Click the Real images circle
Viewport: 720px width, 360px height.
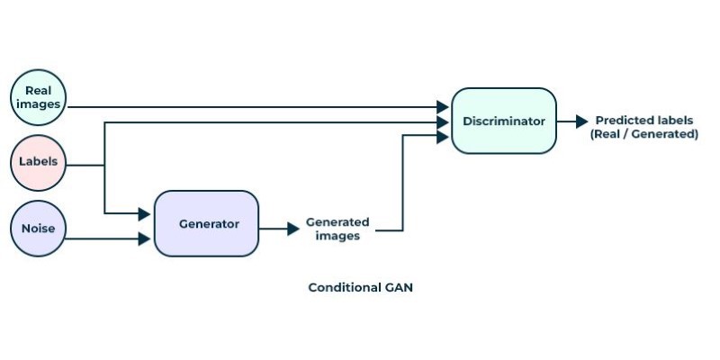point(38,97)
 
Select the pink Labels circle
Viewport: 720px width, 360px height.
point(38,163)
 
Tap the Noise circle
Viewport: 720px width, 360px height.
point(38,229)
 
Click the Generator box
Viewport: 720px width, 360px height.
point(207,223)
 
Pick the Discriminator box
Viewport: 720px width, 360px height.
point(504,121)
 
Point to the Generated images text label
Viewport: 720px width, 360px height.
point(337,229)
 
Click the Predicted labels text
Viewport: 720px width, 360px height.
point(644,121)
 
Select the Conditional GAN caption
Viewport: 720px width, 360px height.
point(361,287)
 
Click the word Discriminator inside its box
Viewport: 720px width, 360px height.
point(504,121)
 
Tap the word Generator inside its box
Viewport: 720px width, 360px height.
point(209,224)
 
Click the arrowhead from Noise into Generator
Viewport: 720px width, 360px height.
point(144,238)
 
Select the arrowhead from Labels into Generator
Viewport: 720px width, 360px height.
point(144,213)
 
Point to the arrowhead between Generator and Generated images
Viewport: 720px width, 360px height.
point(293,229)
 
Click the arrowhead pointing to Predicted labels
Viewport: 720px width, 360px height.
point(582,121)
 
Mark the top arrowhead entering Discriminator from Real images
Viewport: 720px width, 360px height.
point(443,107)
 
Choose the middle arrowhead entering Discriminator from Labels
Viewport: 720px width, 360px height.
point(443,122)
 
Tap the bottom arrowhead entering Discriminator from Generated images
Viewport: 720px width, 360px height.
point(443,137)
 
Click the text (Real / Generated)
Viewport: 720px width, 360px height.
point(644,134)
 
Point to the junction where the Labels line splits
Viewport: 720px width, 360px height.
point(104,166)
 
